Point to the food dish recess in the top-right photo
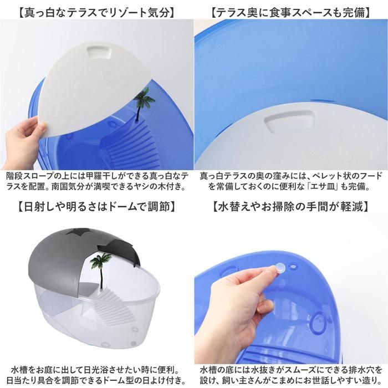289,122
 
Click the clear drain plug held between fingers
280,268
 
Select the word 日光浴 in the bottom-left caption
85,370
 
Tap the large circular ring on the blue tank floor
318,322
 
